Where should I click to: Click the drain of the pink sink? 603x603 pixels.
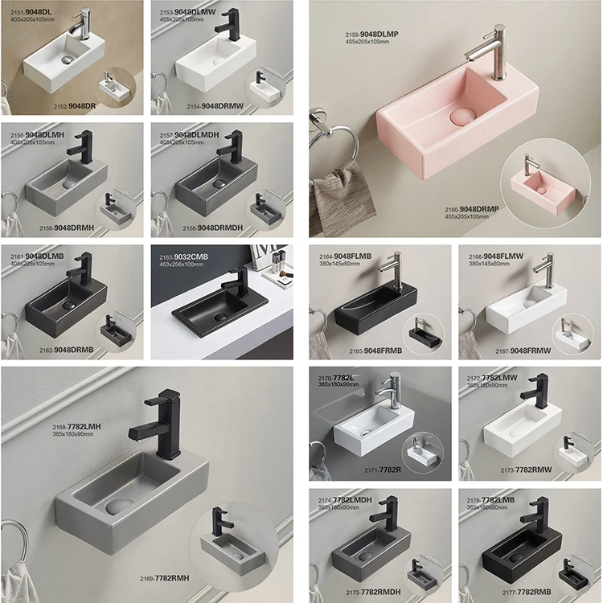[x=458, y=116]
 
